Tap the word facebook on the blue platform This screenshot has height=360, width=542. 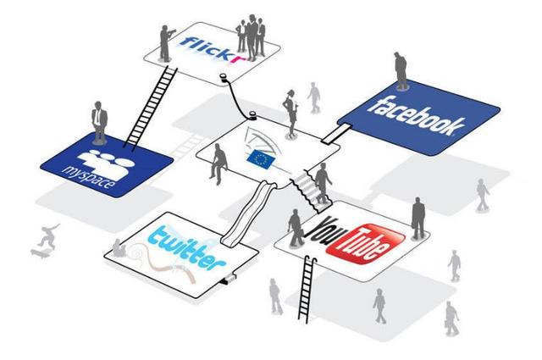pos(417,116)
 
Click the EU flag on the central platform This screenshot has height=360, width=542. pos(261,158)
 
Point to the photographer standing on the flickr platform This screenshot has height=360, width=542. pos(167,43)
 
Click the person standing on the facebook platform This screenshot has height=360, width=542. pos(401,70)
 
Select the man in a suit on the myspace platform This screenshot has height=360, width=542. pos(99,122)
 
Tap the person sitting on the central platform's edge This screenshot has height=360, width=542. pos(218,163)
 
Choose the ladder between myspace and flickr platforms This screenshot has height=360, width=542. pos(151,108)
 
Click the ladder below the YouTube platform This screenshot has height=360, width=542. pos(307,289)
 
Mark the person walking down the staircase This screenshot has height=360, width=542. pos(323,183)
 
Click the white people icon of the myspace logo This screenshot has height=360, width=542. pos(106,163)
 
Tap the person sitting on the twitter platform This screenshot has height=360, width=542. pos(119,248)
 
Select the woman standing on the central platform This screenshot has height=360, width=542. pos(290,114)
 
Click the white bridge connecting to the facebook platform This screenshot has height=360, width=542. pos(335,133)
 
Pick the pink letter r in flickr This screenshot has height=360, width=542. pos(239,57)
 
